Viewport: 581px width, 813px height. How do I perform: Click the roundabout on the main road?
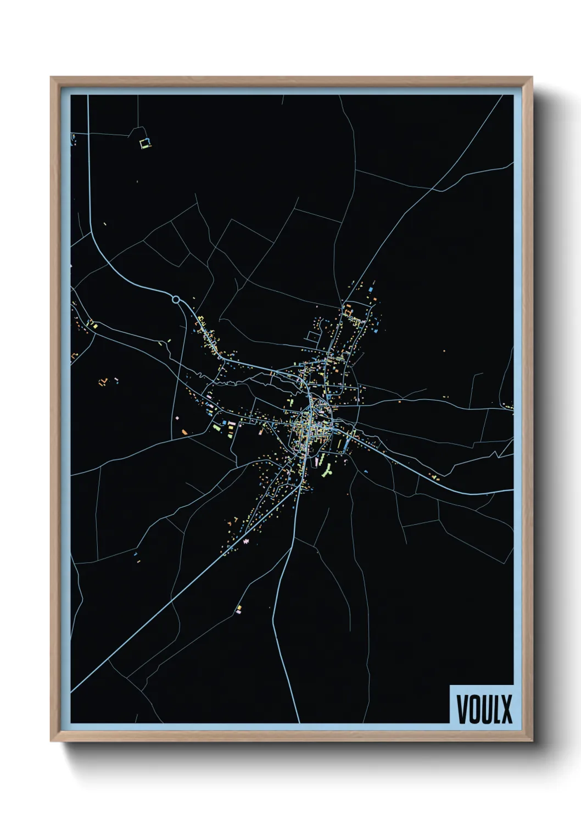[176, 299]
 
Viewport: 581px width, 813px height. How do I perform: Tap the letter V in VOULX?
[462, 709]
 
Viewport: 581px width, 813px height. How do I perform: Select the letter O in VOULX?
[474, 709]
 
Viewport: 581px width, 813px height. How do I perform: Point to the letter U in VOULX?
[487, 709]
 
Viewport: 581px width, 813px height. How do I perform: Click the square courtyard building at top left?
[146, 143]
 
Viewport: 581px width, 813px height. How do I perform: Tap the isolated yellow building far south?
[238, 609]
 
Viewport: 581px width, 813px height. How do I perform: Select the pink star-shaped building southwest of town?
[245, 542]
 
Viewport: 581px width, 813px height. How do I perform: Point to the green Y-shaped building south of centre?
[329, 471]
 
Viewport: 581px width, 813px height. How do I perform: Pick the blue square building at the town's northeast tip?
[371, 289]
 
